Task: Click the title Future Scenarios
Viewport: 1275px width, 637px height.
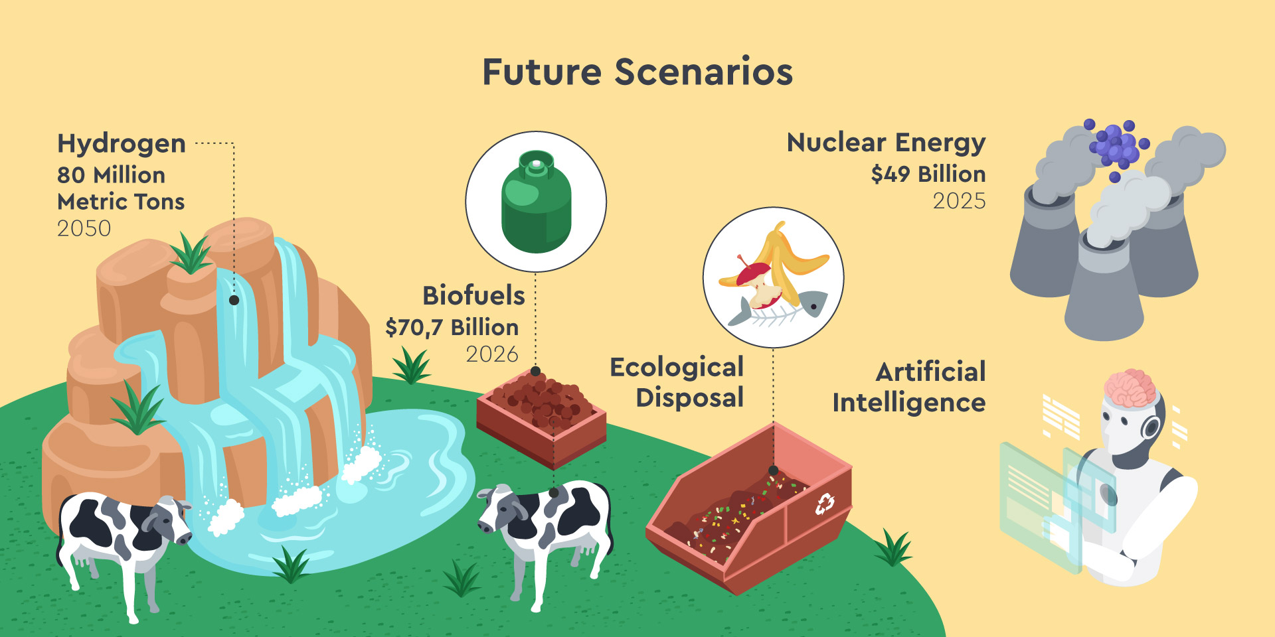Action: [x=637, y=72]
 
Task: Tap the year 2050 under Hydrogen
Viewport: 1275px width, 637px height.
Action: [x=84, y=228]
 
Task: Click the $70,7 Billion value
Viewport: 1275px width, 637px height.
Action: [x=452, y=327]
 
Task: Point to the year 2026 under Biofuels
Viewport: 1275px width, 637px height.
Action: [x=491, y=354]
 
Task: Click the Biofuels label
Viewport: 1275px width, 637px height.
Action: [x=473, y=295]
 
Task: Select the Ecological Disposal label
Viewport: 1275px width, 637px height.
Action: [x=677, y=382]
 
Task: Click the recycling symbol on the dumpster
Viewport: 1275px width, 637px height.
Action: [x=825, y=504]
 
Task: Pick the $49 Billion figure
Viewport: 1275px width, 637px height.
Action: [x=928, y=174]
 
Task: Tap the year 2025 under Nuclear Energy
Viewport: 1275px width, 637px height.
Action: [x=959, y=201]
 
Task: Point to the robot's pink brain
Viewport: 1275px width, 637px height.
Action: [x=1130, y=388]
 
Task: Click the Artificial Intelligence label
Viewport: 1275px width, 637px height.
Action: [x=909, y=387]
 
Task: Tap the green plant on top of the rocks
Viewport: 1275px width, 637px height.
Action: [x=191, y=253]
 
